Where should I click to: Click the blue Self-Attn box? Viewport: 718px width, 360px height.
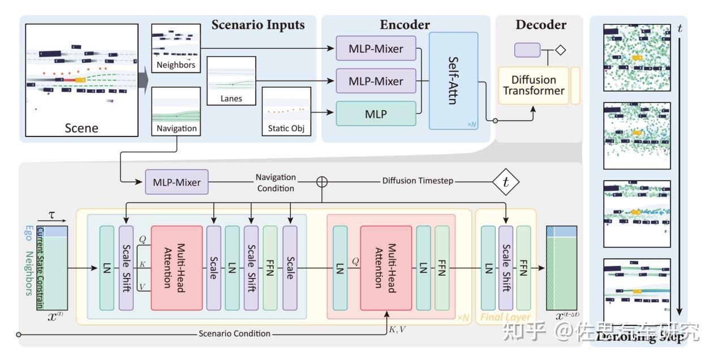point(453,80)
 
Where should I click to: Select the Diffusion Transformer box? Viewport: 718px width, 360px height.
point(534,85)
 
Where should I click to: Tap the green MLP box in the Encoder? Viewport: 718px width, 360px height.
point(376,114)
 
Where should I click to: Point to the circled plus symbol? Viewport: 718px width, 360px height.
point(322,182)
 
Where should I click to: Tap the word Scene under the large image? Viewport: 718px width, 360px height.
point(81,128)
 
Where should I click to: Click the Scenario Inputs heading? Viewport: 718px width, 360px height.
point(258,25)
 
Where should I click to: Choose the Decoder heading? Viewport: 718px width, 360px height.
point(540,25)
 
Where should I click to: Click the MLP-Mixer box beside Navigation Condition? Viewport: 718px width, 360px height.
point(177,182)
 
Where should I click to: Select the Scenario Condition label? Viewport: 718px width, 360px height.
point(234,334)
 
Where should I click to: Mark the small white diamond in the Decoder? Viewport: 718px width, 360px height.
point(560,50)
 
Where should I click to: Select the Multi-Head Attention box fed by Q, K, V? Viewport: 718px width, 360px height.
point(177,268)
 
